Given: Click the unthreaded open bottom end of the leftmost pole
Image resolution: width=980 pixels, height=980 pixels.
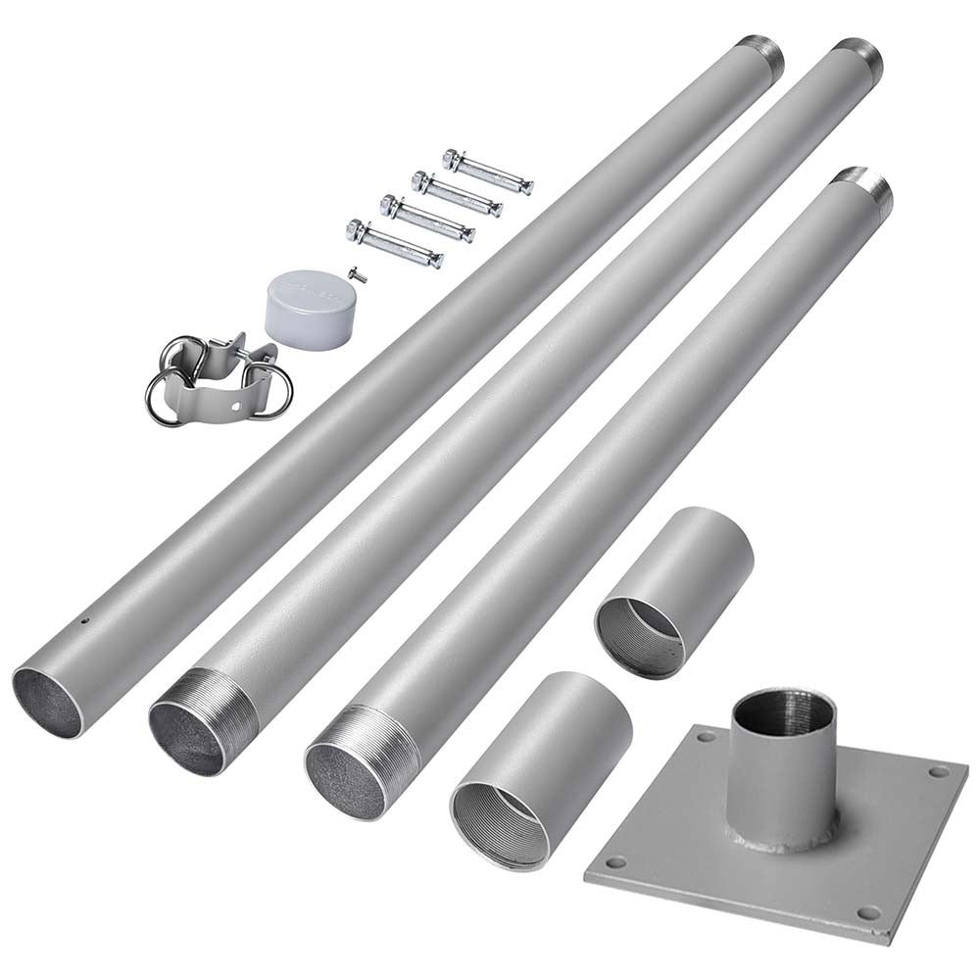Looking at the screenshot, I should [x=48, y=701].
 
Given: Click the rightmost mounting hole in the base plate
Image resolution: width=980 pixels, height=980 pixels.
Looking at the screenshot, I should [x=933, y=772].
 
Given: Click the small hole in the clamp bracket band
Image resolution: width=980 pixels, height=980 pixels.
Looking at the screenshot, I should [x=232, y=405].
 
